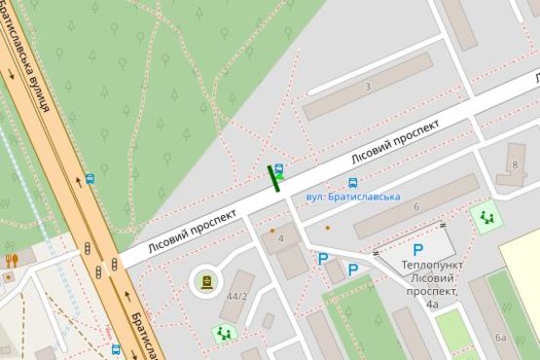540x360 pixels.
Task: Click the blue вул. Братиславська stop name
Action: coord(353,197)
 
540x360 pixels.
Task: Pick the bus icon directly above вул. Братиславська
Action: coord(352,182)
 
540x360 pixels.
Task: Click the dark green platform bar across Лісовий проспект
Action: coord(274,179)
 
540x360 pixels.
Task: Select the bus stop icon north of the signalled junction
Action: coord(90,179)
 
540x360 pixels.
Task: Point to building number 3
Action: coord(367,88)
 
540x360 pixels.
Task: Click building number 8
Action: coord(514,164)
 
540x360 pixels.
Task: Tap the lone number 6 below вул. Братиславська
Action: coord(415,206)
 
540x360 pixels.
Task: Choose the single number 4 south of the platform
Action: coord(280,238)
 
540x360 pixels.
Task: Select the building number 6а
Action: coord(500,338)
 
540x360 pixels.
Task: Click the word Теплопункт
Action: coord(431,265)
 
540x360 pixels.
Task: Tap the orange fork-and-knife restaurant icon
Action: coord(12,260)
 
